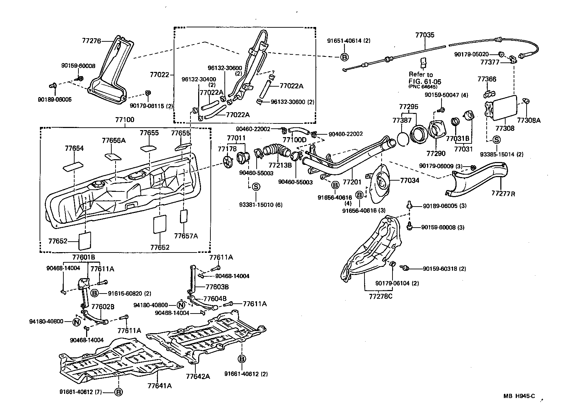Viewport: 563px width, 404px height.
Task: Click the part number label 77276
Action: click(x=91, y=41)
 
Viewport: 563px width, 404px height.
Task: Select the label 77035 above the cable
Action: click(x=425, y=35)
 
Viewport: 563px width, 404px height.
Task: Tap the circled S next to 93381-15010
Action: click(x=256, y=187)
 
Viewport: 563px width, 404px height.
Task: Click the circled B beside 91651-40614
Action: click(x=345, y=57)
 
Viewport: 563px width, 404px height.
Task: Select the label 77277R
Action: click(x=503, y=193)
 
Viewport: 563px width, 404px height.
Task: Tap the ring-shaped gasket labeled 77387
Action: click(x=403, y=139)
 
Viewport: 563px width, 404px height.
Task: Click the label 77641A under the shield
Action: click(x=159, y=386)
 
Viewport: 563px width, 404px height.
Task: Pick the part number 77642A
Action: click(x=198, y=376)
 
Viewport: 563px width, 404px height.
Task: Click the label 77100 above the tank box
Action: click(x=125, y=120)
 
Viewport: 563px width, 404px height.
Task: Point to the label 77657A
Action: click(x=186, y=236)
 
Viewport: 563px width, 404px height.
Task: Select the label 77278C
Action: click(x=381, y=297)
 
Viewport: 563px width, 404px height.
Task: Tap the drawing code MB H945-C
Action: click(x=519, y=396)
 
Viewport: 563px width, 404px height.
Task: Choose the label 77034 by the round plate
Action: click(x=409, y=181)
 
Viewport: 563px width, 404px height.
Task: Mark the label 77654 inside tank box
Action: click(x=74, y=148)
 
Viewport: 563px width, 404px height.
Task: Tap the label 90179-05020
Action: click(x=475, y=54)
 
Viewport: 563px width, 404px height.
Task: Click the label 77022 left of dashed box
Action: click(x=159, y=75)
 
